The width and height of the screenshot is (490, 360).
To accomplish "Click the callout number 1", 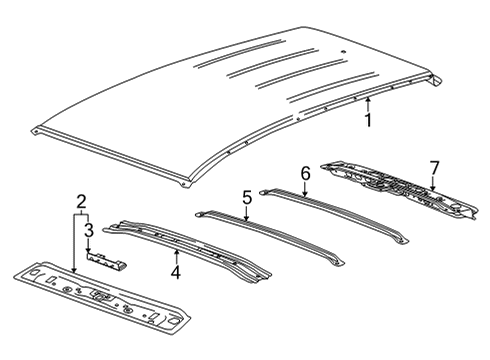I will (368, 121).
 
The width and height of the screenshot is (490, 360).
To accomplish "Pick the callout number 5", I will (245, 198).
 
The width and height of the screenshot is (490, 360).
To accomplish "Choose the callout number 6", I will (306, 172).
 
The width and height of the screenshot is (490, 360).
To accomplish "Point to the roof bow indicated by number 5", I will (270, 235).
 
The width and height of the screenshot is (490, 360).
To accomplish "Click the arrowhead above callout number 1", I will (368, 101).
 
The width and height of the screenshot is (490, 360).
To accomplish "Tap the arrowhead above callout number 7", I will (431, 189).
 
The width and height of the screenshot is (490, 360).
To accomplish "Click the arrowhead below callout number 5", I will (245, 218).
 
